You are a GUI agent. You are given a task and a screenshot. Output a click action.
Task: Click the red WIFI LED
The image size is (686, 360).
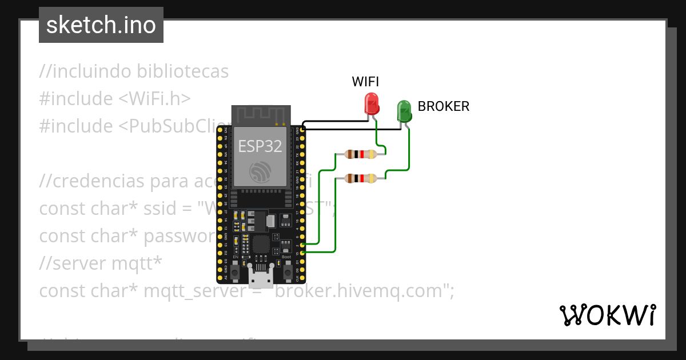tap(372, 104)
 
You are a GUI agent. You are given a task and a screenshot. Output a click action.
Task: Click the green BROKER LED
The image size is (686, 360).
tap(404, 110)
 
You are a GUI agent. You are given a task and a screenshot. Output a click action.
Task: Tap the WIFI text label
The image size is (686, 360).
tap(365, 82)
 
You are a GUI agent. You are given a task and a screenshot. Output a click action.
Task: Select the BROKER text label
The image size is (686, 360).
tap(444, 106)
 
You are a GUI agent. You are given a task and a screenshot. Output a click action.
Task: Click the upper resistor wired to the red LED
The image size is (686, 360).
tap(360, 154)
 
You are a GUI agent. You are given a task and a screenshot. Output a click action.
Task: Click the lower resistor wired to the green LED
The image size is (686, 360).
tap(360, 179)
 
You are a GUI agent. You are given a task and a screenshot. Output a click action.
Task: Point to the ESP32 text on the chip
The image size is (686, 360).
tap(260, 146)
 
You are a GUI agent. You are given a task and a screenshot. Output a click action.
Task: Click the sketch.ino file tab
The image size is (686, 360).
tap(101, 25)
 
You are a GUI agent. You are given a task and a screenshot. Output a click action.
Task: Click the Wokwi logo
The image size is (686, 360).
tap(607, 315)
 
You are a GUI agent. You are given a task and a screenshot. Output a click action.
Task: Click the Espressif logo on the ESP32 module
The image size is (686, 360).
tap(260, 172)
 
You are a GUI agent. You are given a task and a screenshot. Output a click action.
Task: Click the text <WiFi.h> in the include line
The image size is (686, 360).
tap(154, 99)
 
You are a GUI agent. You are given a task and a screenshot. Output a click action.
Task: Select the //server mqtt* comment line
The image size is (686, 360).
tap(101, 263)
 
